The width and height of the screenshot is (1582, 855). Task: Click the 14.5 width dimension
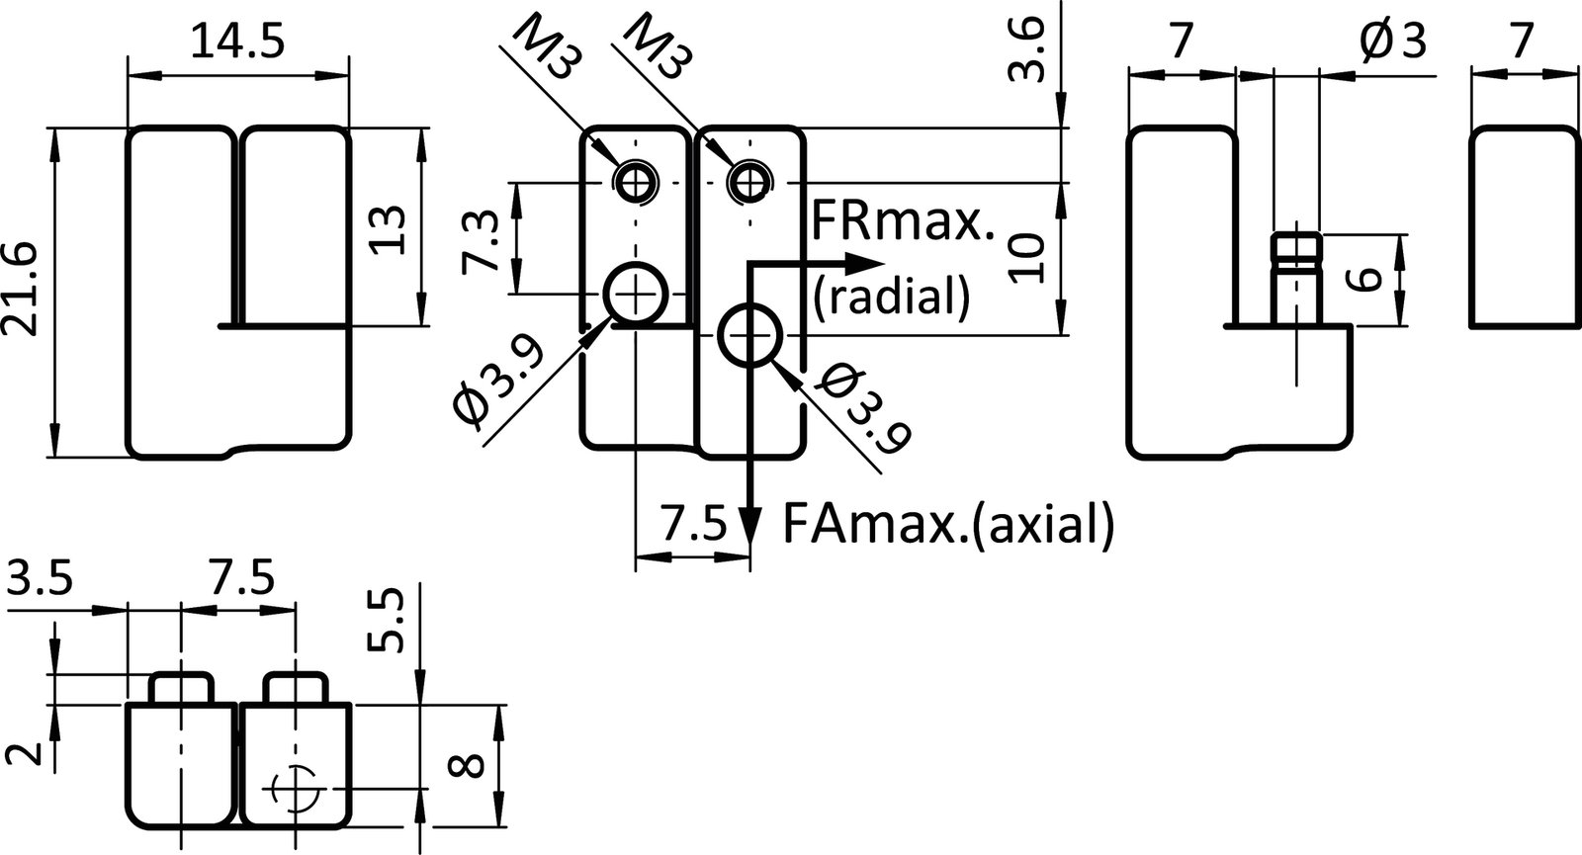(x=237, y=43)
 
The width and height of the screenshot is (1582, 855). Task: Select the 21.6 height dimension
(x=22, y=290)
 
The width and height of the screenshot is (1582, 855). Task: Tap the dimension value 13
(x=388, y=229)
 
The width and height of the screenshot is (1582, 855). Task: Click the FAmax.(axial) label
(x=947, y=523)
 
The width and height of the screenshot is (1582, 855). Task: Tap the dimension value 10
(x=1029, y=259)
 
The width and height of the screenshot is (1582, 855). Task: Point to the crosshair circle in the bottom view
(x=294, y=788)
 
